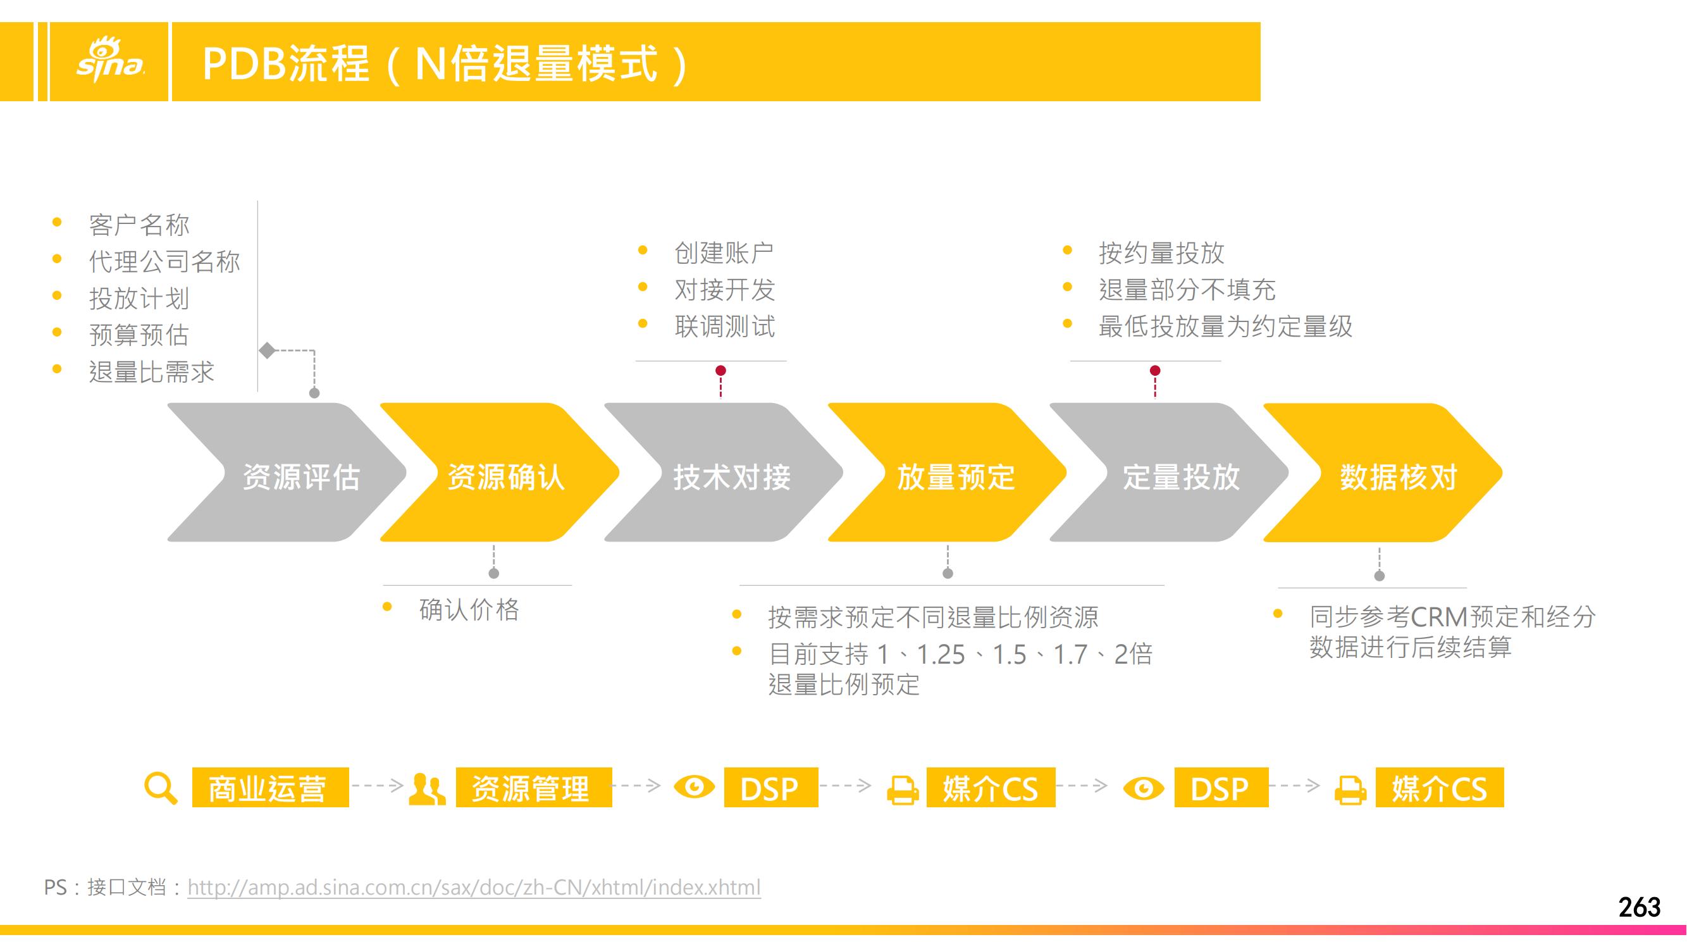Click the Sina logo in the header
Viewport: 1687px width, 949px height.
pos(110,60)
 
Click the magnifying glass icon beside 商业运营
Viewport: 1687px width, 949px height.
pos(161,788)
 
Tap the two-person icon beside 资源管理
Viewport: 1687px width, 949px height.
pos(427,788)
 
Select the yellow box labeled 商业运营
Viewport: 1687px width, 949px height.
pos(271,787)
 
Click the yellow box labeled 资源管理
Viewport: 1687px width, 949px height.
pos(534,787)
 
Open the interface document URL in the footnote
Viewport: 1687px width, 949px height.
pos(474,888)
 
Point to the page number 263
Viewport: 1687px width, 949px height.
pos(1639,907)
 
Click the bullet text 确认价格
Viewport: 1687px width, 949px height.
pos(469,610)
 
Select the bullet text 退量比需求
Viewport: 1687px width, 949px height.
pos(151,372)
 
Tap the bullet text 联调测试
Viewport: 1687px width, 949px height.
pos(724,326)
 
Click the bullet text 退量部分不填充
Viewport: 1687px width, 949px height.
pos(1187,290)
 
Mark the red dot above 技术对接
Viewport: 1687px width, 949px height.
pos(720,371)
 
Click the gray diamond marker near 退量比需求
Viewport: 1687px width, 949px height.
pos(267,350)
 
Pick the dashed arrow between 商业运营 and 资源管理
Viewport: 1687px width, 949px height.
pos(378,785)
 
